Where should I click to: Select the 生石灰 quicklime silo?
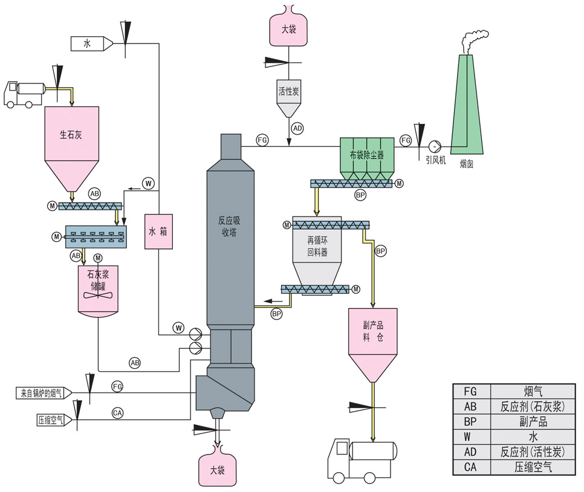click(71, 139)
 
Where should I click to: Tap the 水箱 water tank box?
click(158, 231)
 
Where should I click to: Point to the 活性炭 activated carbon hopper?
click(288, 97)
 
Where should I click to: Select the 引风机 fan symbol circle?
click(433, 146)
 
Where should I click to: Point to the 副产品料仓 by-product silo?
click(373, 338)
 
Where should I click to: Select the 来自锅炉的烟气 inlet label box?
click(42, 393)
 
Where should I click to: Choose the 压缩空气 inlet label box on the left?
click(51, 419)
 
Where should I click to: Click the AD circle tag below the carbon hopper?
click(297, 128)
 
